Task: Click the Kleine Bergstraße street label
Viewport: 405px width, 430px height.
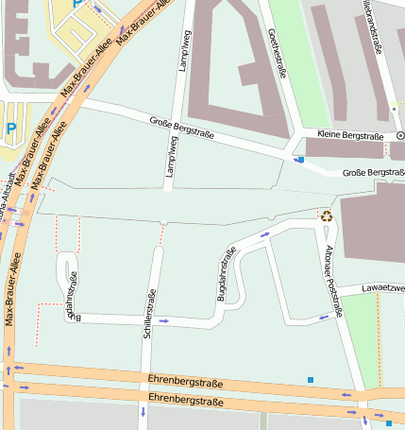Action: (350, 136)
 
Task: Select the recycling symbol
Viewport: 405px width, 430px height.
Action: (326, 215)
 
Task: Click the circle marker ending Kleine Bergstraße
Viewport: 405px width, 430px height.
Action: (399, 136)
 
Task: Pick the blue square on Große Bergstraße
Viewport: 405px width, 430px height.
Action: (300, 161)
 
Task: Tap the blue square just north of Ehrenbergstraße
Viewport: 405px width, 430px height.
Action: (310, 380)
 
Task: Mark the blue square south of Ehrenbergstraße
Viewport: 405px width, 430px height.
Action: (388, 422)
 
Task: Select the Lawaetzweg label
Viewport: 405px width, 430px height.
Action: (383, 287)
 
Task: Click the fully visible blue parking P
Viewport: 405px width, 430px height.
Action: (11, 128)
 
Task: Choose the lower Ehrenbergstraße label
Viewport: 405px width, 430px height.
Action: (185, 402)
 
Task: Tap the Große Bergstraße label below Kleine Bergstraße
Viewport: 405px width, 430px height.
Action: (373, 172)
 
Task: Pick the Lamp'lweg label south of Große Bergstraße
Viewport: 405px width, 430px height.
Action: (172, 156)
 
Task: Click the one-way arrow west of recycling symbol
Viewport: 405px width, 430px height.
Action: (265, 232)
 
